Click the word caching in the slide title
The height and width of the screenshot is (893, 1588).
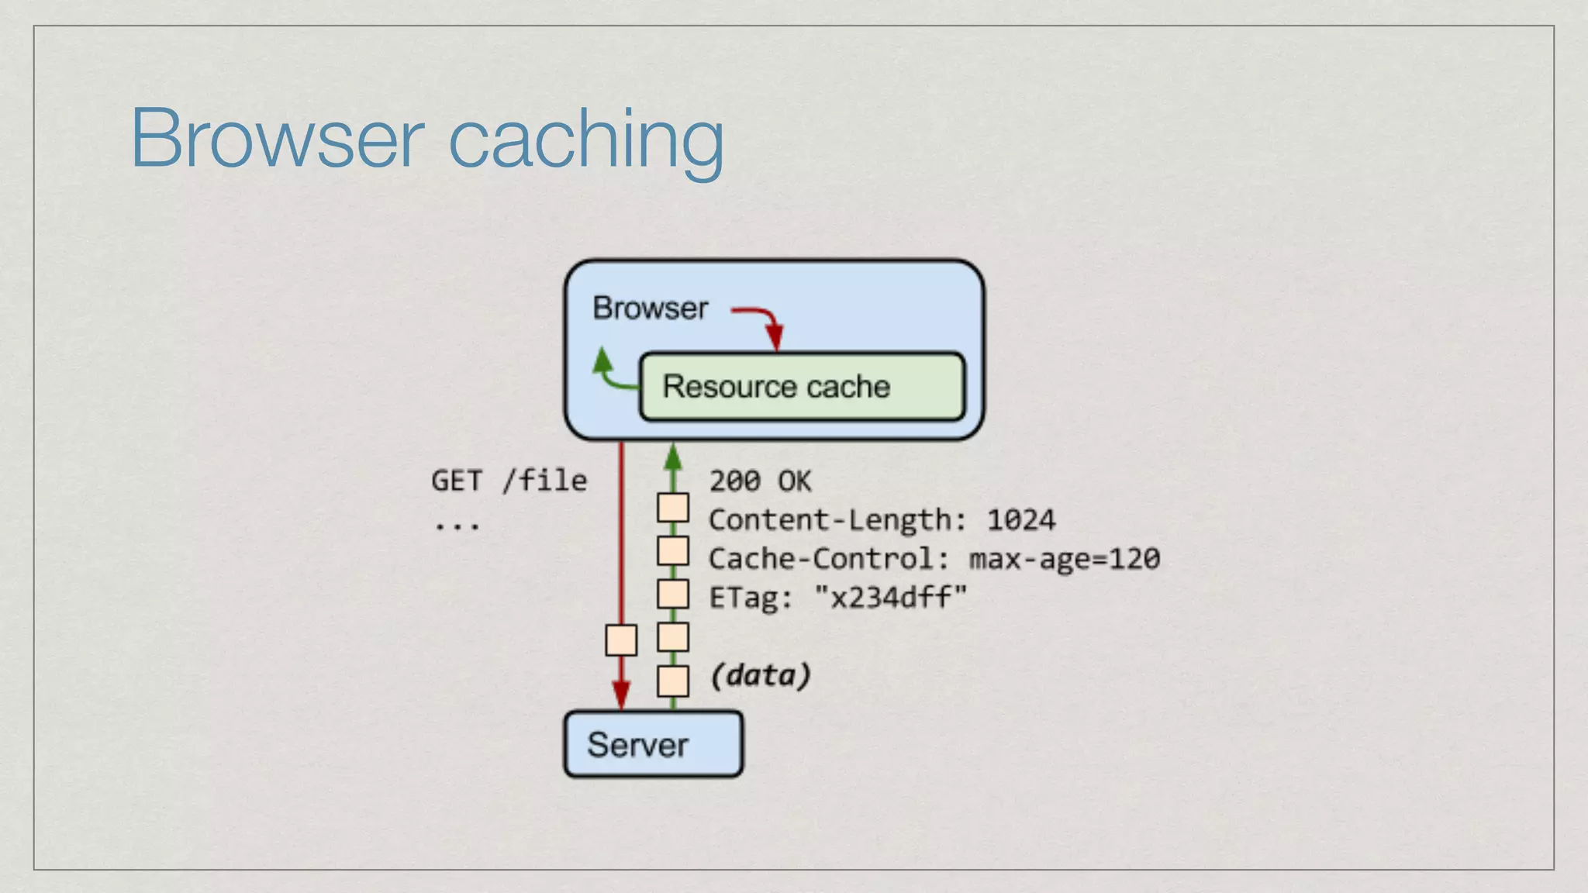pos(586,140)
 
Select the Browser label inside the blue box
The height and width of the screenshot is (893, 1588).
pos(650,309)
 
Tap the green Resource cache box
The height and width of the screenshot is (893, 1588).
pos(802,387)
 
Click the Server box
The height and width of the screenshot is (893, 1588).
pos(653,744)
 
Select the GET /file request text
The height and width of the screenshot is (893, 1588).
pos(509,481)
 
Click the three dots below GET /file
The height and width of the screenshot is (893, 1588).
pos(456,526)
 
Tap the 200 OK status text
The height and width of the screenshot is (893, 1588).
pos(760,481)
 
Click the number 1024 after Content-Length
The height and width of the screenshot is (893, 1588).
pos(1020,520)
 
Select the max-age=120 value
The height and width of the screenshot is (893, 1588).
pos(1064,559)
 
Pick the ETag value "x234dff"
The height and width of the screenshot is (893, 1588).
pos(891,598)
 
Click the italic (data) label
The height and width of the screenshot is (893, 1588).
pos(760,675)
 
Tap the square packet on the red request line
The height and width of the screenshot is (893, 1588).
pos(621,640)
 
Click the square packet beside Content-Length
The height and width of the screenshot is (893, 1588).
pos(673,509)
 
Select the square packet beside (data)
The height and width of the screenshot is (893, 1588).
pos(673,681)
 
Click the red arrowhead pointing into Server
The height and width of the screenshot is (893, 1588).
pos(621,694)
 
